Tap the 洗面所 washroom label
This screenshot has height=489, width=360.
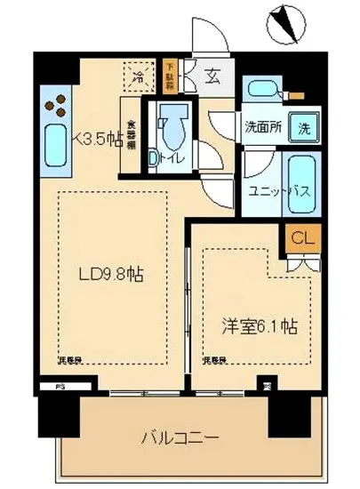pos(263,126)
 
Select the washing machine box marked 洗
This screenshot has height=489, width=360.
pos(304,126)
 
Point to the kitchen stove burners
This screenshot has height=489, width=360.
pos(54,104)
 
